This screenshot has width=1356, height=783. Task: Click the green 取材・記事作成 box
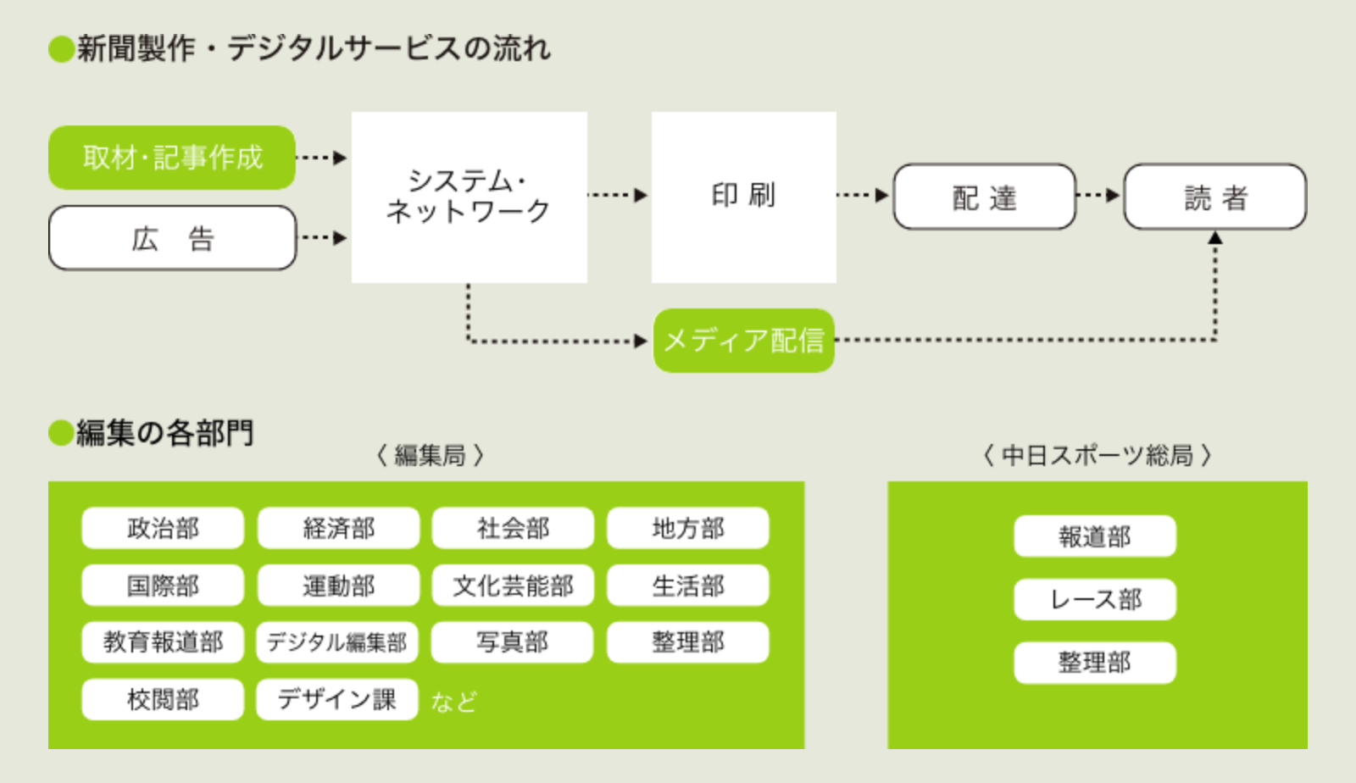click(x=172, y=158)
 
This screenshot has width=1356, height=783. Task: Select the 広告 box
click(x=173, y=238)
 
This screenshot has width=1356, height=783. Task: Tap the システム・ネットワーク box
click(x=470, y=197)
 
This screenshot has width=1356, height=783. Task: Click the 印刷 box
click(x=744, y=197)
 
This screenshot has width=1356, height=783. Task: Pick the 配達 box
click(x=984, y=197)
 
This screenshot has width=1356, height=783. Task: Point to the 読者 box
click(x=1215, y=197)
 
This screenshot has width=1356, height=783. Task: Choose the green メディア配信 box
click(x=744, y=341)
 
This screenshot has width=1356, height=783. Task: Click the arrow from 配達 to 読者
click(x=1098, y=195)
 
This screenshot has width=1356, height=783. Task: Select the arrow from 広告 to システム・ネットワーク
click(x=324, y=237)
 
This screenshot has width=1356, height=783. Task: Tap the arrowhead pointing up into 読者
click(x=1215, y=238)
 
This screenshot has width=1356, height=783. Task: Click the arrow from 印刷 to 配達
click(x=863, y=195)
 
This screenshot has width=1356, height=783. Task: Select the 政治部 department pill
click(x=163, y=528)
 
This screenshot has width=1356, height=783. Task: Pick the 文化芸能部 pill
click(x=513, y=586)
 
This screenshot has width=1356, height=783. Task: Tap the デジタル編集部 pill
click(x=337, y=642)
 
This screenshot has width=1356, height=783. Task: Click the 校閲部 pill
click(x=163, y=699)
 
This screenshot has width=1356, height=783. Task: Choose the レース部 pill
click(x=1095, y=600)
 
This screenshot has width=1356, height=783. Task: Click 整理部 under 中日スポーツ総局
click(x=1095, y=663)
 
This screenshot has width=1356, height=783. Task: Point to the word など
click(x=454, y=702)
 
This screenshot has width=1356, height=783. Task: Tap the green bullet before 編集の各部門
click(x=61, y=433)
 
